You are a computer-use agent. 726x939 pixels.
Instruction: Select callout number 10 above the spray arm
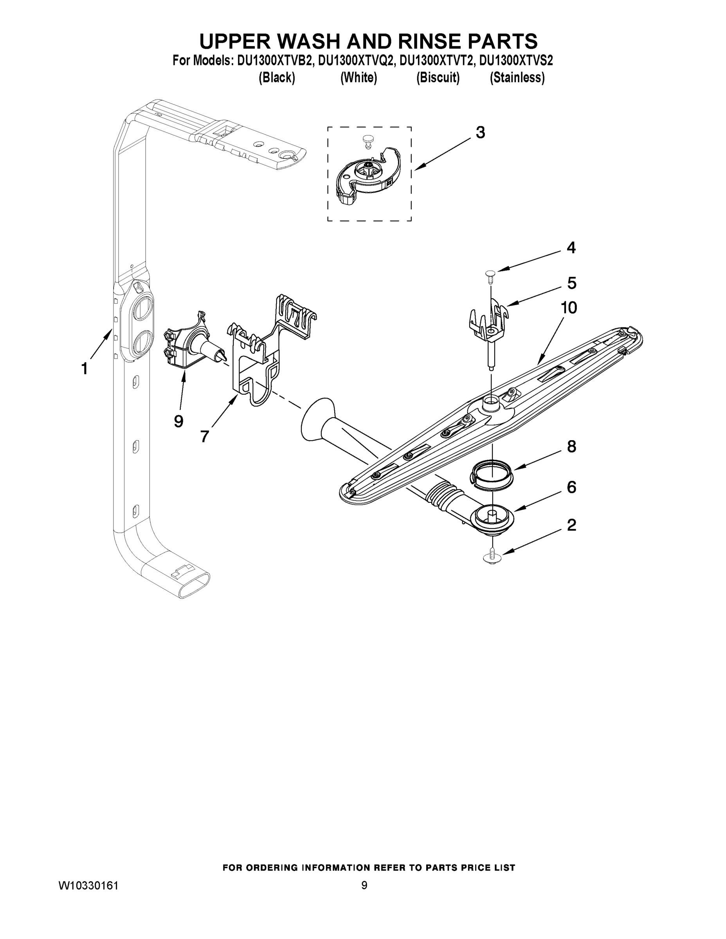point(568,308)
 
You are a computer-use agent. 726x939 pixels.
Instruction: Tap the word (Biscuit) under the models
point(438,78)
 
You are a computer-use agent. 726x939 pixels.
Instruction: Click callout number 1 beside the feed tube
point(85,369)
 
